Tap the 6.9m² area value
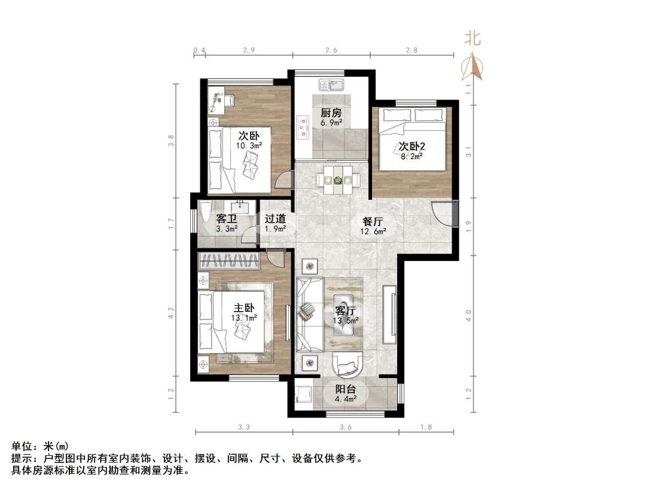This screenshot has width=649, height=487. (331, 123)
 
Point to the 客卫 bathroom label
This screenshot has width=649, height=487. (227, 219)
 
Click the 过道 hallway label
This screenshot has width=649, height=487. (275, 219)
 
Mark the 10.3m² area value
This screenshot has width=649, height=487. (249, 145)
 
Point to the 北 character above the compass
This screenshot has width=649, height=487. (473, 39)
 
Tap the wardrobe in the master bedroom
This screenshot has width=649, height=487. (229, 260)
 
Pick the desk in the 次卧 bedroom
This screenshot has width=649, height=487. (216, 102)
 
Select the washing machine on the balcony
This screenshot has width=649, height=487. (303, 395)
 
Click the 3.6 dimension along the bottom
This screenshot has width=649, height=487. (346, 427)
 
